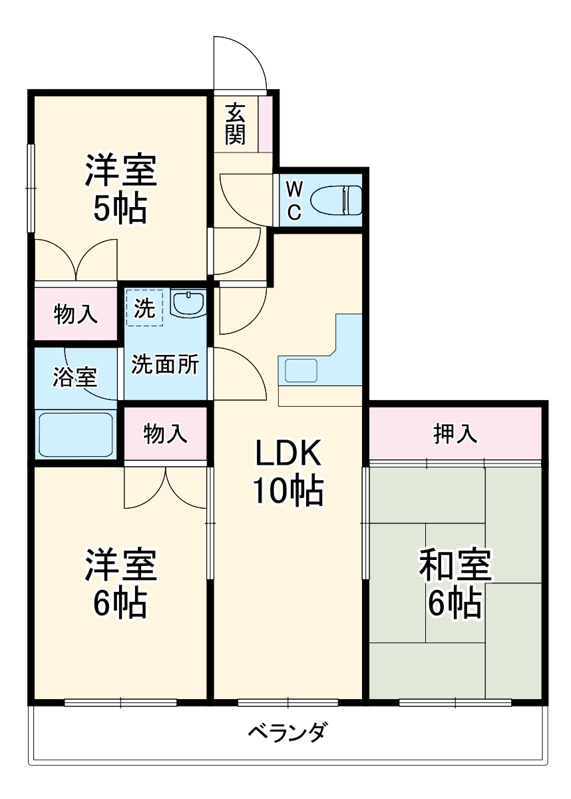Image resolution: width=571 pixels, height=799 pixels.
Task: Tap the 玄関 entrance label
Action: (x=235, y=125)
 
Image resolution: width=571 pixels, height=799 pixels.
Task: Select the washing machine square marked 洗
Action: (x=144, y=308)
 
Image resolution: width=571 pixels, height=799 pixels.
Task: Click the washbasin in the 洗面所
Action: (x=189, y=303)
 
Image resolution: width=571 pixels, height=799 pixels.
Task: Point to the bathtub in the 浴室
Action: (x=75, y=434)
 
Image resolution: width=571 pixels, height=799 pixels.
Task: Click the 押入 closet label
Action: (x=456, y=433)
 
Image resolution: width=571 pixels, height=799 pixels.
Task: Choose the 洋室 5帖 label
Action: (x=120, y=188)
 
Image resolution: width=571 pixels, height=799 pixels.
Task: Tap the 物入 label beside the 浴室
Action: (x=76, y=314)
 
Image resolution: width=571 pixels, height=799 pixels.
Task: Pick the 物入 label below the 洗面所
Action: (x=166, y=433)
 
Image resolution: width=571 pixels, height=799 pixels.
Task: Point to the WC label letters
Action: (x=294, y=200)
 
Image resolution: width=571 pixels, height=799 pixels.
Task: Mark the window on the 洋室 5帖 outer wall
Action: (x=30, y=188)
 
